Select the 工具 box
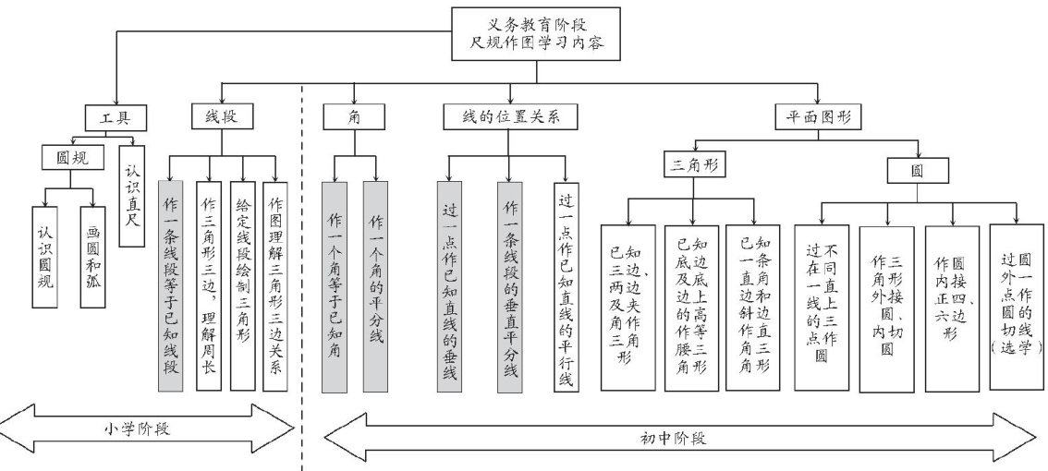coord(116,117)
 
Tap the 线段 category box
coord(223,117)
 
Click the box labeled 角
coord(354,117)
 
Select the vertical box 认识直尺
coord(131,198)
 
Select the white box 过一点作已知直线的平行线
coord(566,286)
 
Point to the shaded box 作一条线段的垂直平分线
coord(509,286)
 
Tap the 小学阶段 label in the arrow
coord(149,429)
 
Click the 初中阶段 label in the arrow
coord(660,438)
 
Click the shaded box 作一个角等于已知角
coord(335,286)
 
